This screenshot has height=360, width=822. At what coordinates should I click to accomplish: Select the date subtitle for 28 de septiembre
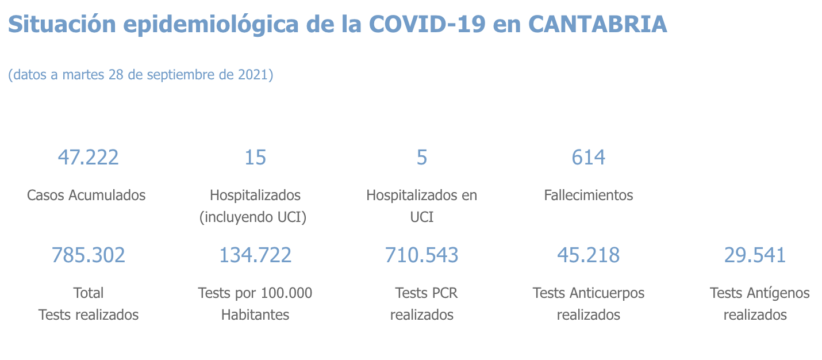[140, 75]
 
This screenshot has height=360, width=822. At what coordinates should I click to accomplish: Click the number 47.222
[88, 157]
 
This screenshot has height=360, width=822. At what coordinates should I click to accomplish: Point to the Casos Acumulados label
[86, 195]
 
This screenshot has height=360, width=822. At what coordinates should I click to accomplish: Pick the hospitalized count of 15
[255, 157]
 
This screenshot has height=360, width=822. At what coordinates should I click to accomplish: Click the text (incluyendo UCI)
[255, 217]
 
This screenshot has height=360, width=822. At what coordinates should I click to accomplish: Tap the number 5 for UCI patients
[422, 157]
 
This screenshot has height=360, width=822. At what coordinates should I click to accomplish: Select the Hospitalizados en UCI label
[422, 206]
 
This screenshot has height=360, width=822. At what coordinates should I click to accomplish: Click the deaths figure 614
[589, 157]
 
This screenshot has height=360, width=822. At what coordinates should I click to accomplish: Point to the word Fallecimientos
[589, 195]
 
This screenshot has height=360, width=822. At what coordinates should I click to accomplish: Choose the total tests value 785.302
[88, 255]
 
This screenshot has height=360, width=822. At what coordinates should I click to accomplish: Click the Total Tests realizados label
[89, 304]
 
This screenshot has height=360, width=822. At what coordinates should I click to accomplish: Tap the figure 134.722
[255, 255]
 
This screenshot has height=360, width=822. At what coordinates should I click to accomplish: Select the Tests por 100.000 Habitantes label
[255, 304]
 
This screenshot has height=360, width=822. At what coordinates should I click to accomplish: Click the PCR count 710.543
[422, 255]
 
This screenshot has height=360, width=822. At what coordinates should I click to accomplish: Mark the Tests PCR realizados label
[423, 304]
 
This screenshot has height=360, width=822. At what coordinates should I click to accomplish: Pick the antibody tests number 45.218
[589, 255]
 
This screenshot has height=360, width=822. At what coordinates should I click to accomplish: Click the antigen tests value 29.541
[755, 255]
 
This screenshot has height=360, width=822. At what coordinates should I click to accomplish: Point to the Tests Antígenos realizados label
[759, 304]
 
